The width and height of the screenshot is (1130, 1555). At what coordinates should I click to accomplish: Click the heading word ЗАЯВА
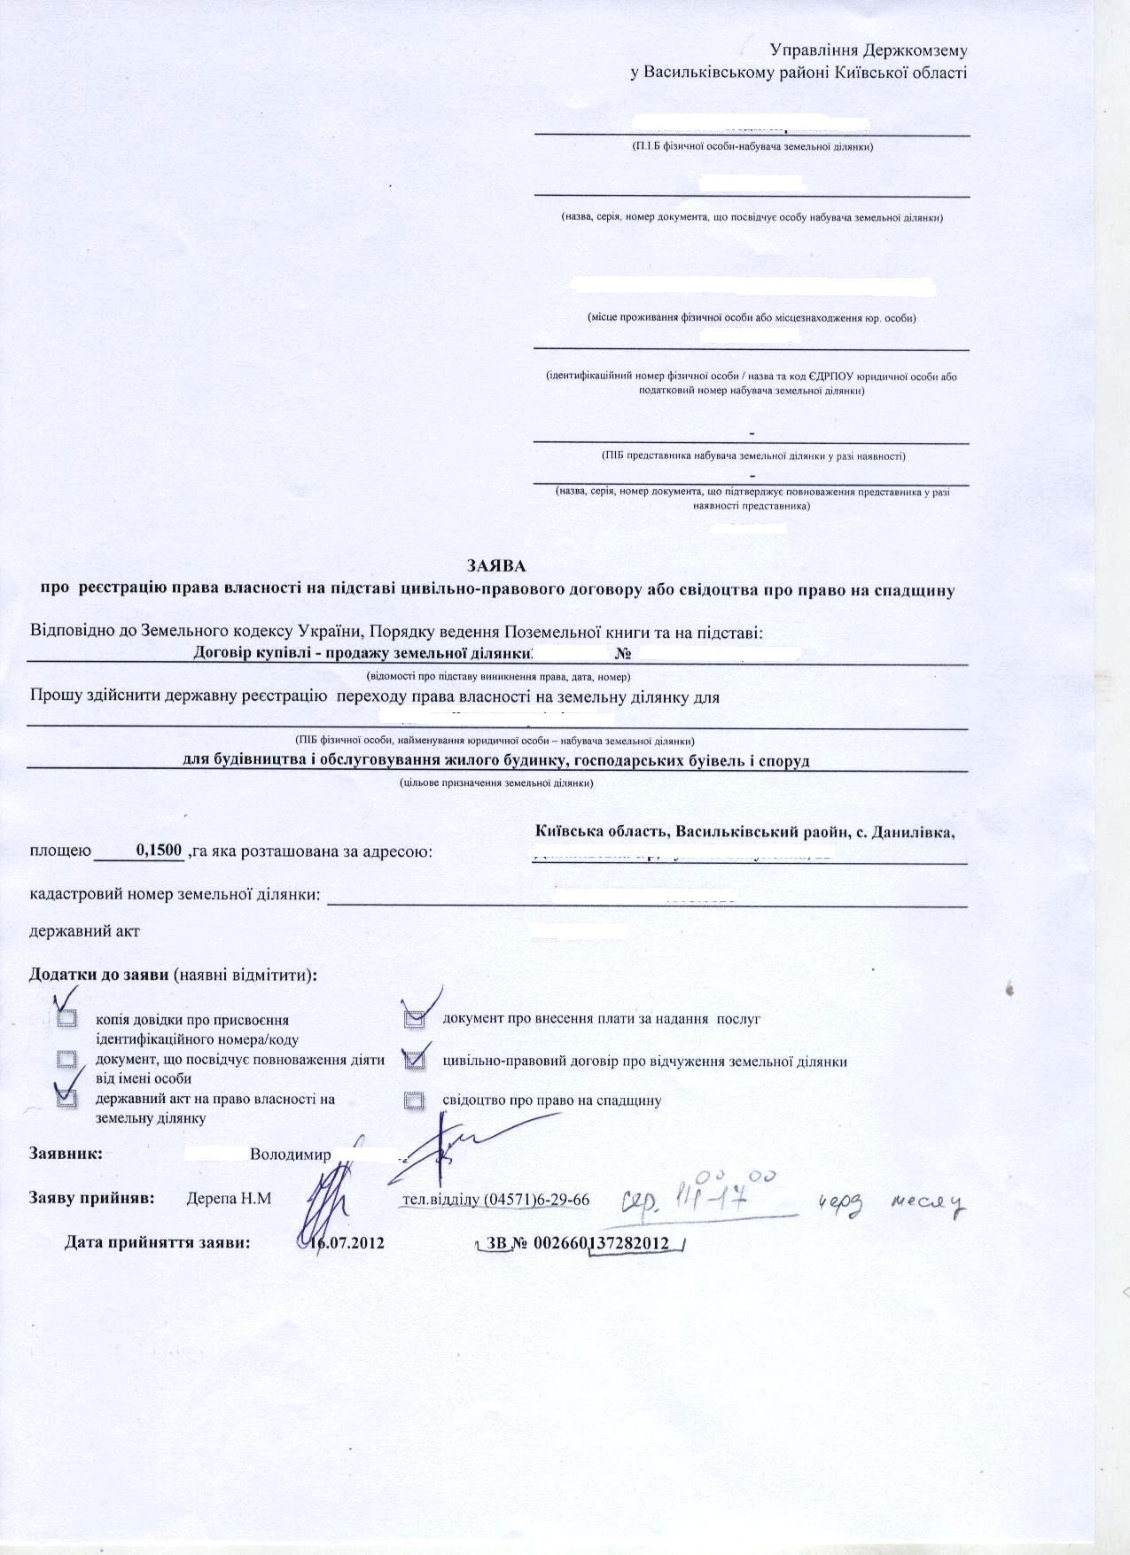click(x=496, y=564)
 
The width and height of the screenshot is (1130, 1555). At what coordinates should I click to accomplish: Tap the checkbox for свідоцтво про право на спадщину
click(x=414, y=1100)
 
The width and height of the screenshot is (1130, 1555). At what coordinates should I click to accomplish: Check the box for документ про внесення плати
click(x=414, y=1020)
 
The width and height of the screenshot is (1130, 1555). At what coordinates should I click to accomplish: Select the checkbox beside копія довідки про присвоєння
click(x=66, y=1020)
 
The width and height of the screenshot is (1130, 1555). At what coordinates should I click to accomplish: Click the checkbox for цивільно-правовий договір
click(x=414, y=1060)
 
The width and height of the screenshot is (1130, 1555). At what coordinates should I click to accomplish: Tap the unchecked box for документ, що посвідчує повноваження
click(x=66, y=1060)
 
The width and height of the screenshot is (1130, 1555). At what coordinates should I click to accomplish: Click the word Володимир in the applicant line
click(x=291, y=1155)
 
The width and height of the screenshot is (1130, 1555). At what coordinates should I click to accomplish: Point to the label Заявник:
click(x=66, y=1155)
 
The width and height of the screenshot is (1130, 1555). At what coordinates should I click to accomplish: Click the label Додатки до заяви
click(x=99, y=975)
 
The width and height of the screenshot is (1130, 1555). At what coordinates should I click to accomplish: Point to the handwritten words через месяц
click(x=890, y=1202)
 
